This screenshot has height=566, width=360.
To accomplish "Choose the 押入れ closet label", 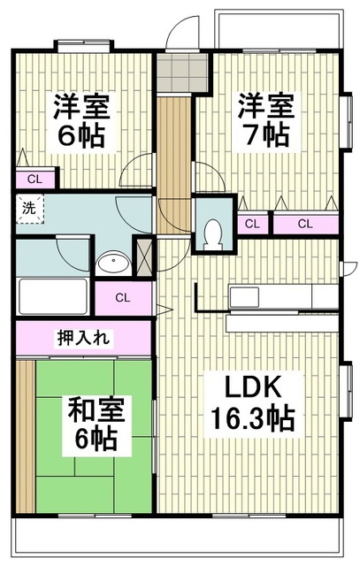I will (x=83, y=338).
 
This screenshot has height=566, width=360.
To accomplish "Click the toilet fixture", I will (x=212, y=232).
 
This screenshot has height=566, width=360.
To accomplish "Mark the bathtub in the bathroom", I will (x=51, y=293).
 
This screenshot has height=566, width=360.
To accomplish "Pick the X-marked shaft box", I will (x=144, y=254).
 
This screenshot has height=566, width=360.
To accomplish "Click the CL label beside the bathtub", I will (x=122, y=297).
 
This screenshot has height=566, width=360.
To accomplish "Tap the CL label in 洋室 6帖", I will (x=34, y=179).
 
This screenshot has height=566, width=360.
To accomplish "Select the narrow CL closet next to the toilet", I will (x=251, y=223).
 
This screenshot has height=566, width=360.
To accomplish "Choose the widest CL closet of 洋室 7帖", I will (x=305, y=223).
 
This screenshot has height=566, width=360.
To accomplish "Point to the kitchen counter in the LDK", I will (x=284, y=294).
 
